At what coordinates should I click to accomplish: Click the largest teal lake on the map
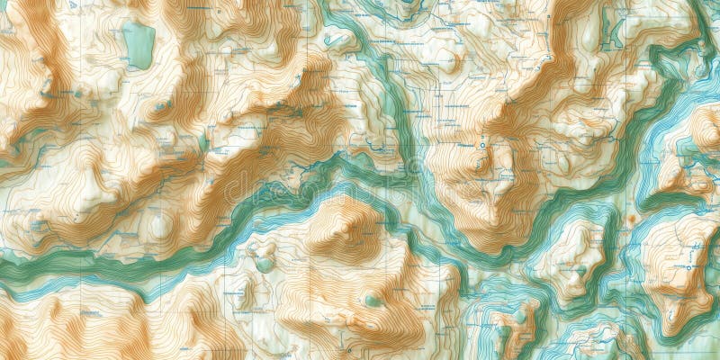click(x=139, y=45)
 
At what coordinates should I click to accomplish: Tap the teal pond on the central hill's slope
click(x=372, y=300)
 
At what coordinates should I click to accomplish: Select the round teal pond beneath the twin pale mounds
click(x=264, y=265)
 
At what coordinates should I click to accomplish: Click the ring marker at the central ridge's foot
click(x=482, y=145)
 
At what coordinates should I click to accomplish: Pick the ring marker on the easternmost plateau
click(x=689, y=267)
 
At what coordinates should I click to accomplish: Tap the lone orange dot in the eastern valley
click(x=632, y=218)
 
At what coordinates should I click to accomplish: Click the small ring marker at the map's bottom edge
click(x=349, y=349)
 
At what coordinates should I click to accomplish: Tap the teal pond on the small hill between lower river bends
click(x=519, y=317)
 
